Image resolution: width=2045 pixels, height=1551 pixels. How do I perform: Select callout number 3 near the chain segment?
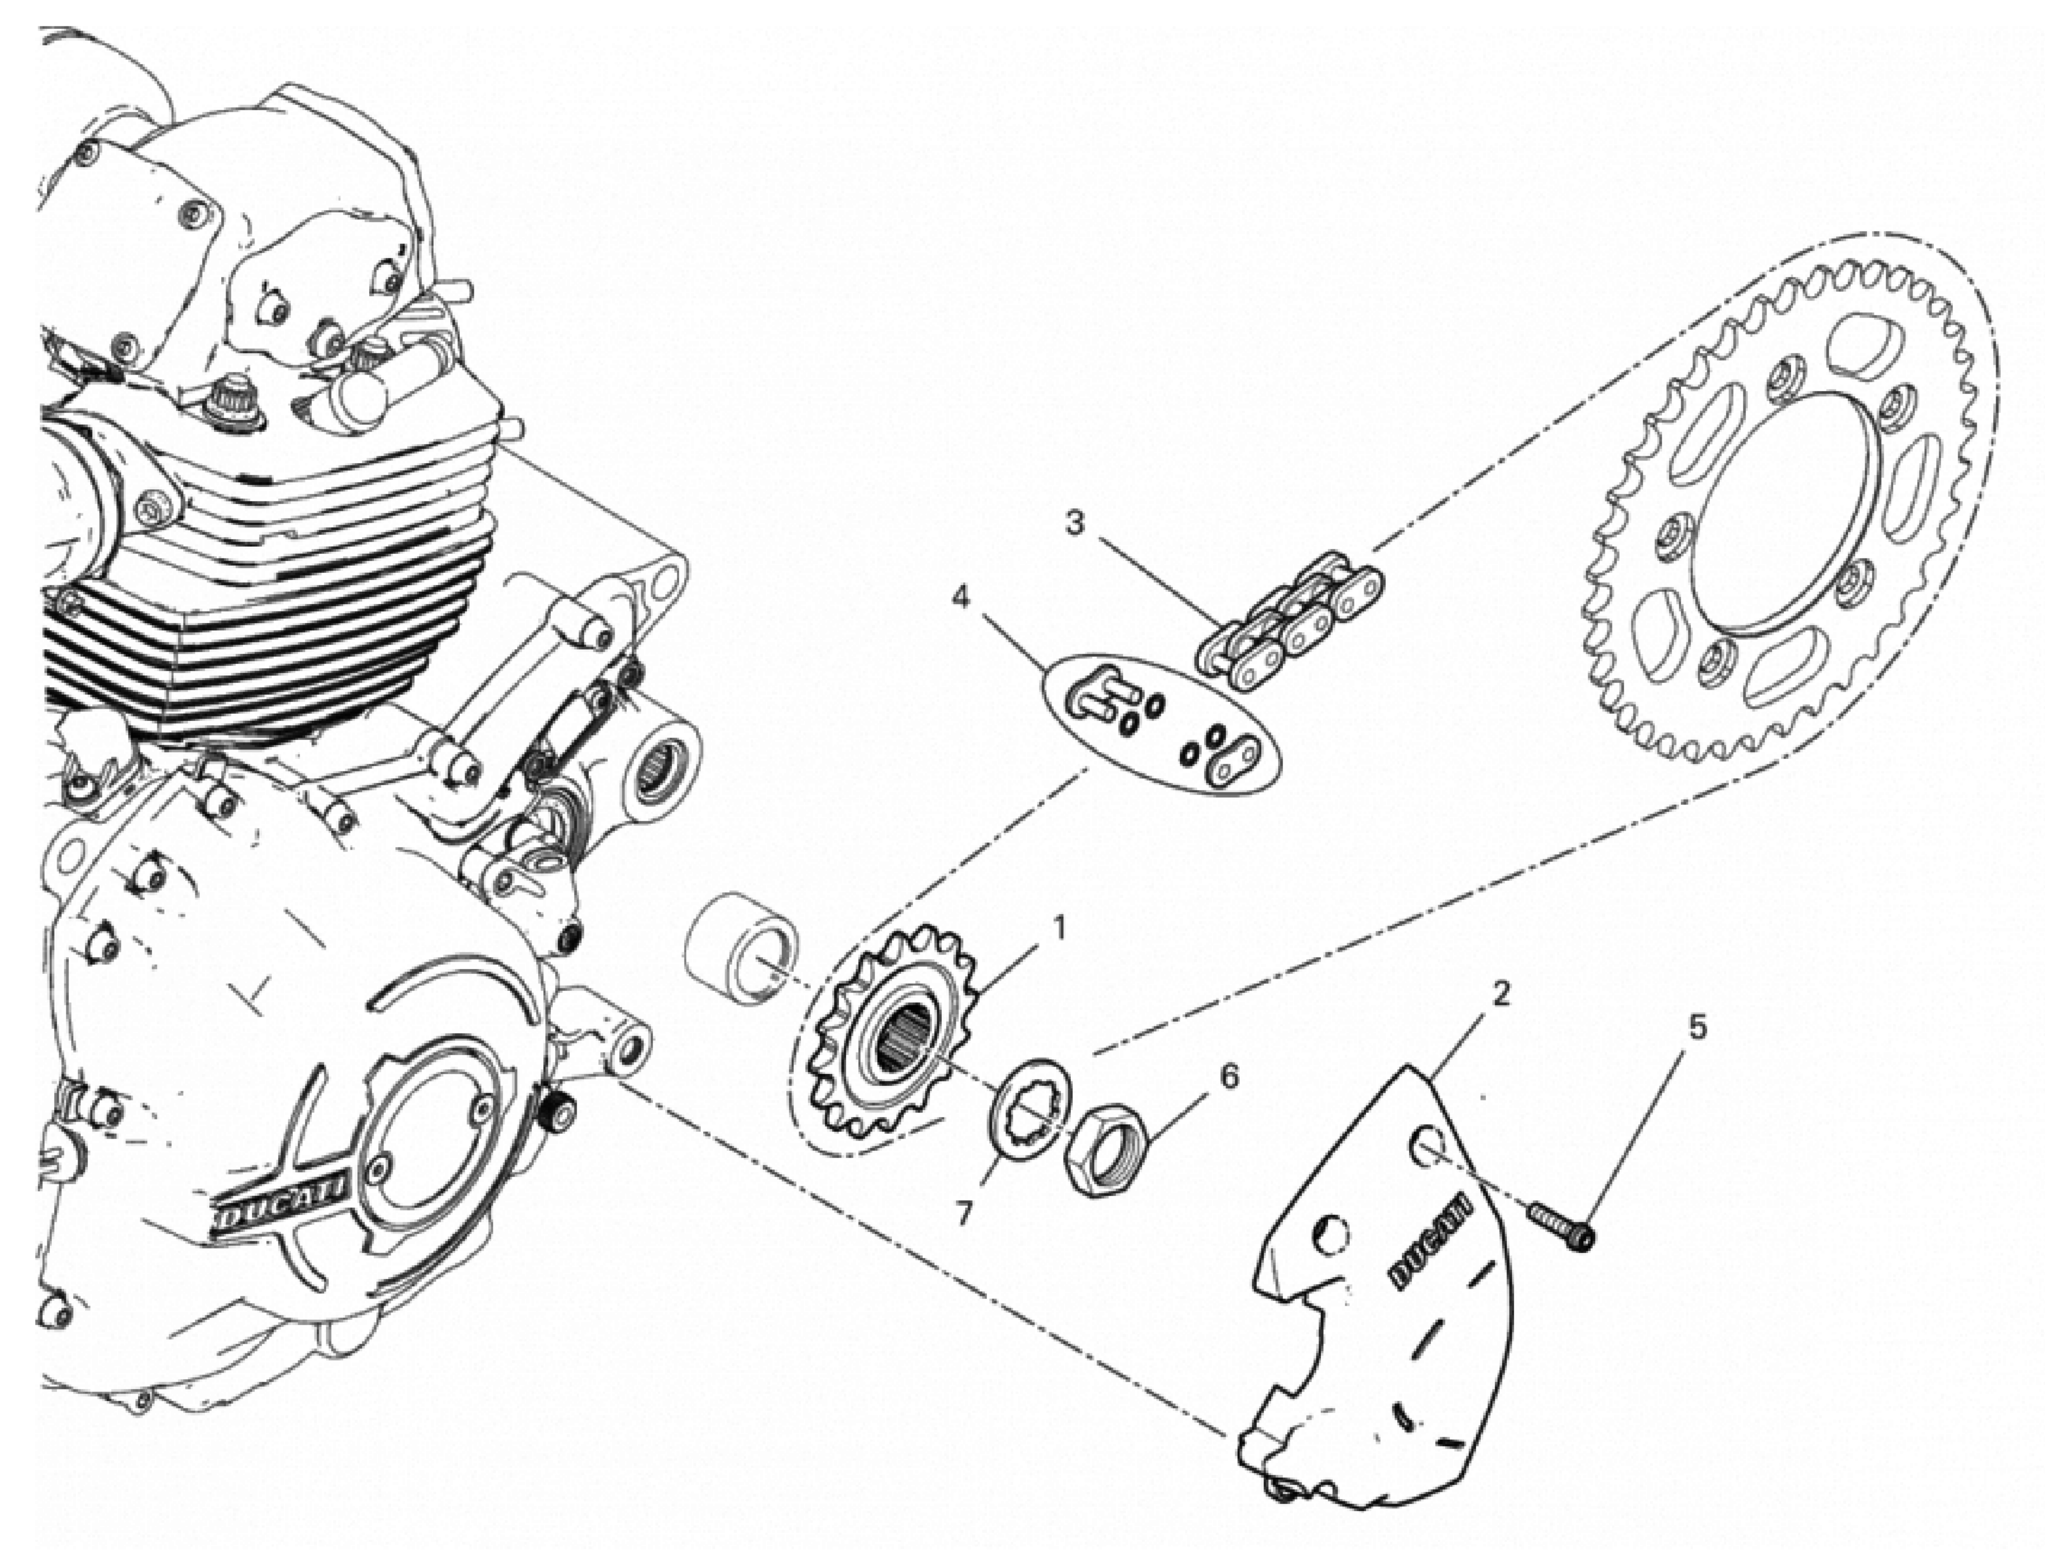click(1073, 524)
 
